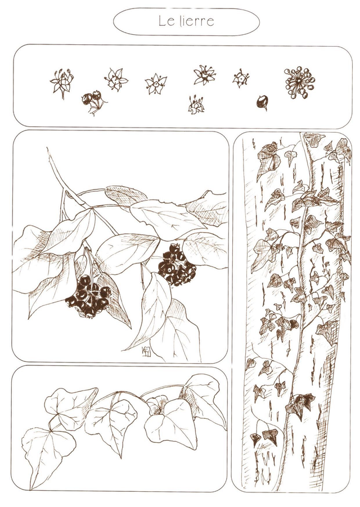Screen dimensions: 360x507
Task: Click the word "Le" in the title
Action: (x=165, y=21)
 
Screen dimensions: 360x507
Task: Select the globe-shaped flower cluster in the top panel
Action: (x=299, y=83)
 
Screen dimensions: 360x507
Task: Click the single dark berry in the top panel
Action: (x=262, y=102)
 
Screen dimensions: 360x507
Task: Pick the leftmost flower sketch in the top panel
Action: (x=61, y=83)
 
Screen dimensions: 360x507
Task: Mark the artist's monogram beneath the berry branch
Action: (x=146, y=351)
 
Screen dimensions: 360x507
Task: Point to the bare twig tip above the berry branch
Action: (x=48, y=150)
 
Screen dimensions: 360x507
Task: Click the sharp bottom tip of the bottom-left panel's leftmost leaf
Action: (x=31, y=489)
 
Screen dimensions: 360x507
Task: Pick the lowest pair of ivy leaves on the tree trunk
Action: (x=264, y=437)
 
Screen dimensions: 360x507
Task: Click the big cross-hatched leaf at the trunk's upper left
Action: (x=268, y=160)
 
